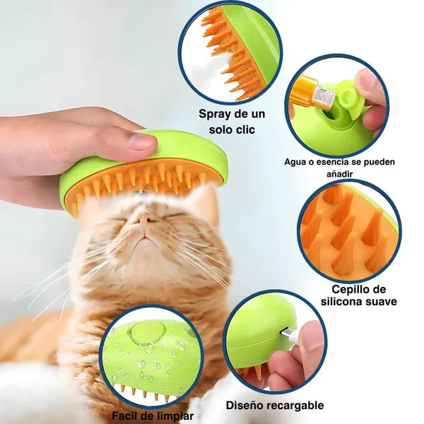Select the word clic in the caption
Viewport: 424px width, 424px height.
(x=245, y=130)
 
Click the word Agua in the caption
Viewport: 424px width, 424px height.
(x=298, y=162)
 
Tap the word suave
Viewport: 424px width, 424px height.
(x=382, y=302)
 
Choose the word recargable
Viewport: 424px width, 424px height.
(x=298, y=406)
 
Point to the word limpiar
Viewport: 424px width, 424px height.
(x=172, y=416)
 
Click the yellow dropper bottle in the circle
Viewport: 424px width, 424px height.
(x=309, y=93)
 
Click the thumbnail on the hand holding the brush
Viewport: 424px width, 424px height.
(x=142, y=141)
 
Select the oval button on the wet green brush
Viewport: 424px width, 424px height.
(x=146, y=334)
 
